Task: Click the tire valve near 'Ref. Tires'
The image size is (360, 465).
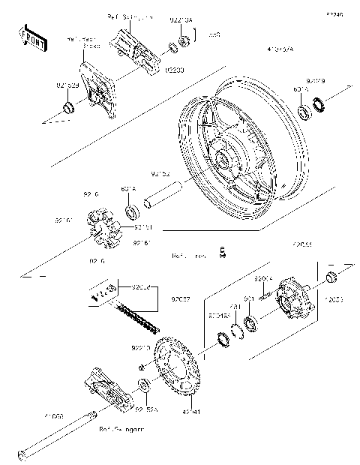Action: pyautogui.click(x=221, y=253)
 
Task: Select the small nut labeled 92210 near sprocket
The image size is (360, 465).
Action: pyautogui.click(x=142, y=367)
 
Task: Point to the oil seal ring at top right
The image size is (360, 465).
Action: pyautogui.click(x=320, y=104)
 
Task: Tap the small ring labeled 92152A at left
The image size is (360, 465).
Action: pyautogui.click(x=69, y=110)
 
